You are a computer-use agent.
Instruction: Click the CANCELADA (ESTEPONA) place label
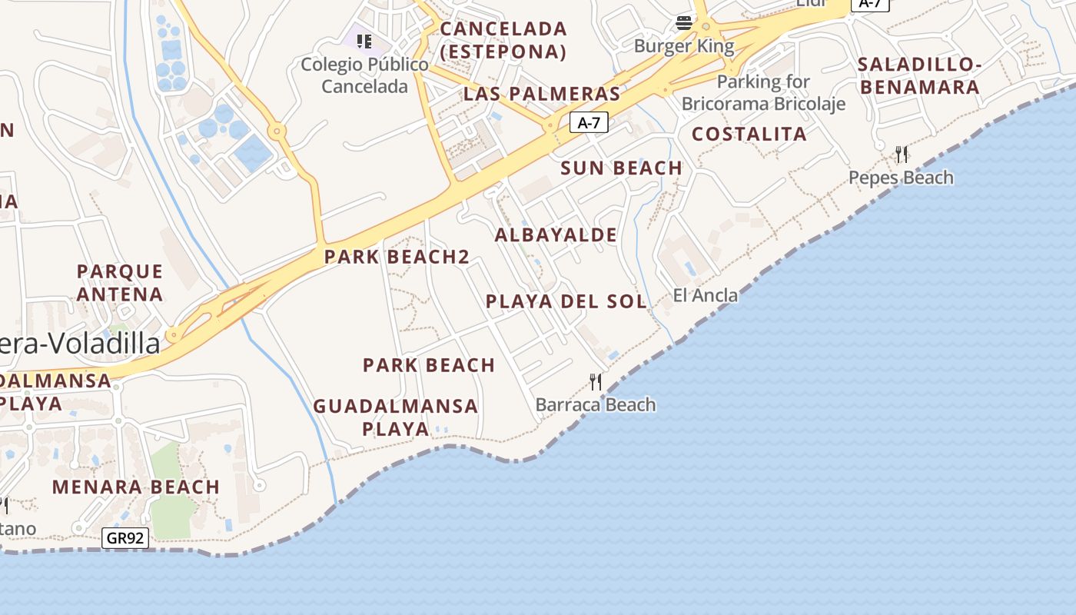tap(503, 40)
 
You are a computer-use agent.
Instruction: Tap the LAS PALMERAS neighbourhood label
tap(541, 94)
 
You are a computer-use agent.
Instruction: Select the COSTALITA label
tap(749, 134)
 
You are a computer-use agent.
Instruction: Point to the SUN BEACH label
tap(622, 168)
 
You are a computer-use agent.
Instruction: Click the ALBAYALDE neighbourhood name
tap(556, 234)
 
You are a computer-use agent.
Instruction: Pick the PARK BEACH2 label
tap(397, 257)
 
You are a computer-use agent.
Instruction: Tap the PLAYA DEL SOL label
tap(566, 301)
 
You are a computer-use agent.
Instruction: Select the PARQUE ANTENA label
tap(120, 282)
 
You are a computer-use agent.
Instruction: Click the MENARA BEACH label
tap(136, 487)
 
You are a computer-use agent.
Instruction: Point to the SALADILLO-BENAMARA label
tap(920, 75)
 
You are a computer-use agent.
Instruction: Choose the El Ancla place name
tap(705, 295)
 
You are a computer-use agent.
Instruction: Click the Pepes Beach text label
tap(901, 178)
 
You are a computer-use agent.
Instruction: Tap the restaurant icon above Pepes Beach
tap(902, 155)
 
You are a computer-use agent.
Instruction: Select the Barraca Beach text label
tap(596, 404)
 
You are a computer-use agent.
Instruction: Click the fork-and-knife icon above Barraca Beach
tap(596, 381)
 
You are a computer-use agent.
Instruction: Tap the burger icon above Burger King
tap(684, 23)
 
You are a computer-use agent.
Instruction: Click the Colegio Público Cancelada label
tap(364, 75)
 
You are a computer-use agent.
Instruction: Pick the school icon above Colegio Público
tap(364, 41)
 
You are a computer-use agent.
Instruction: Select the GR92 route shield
tap(125, 538)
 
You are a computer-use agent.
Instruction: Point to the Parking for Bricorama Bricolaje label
tap(763, 92)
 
